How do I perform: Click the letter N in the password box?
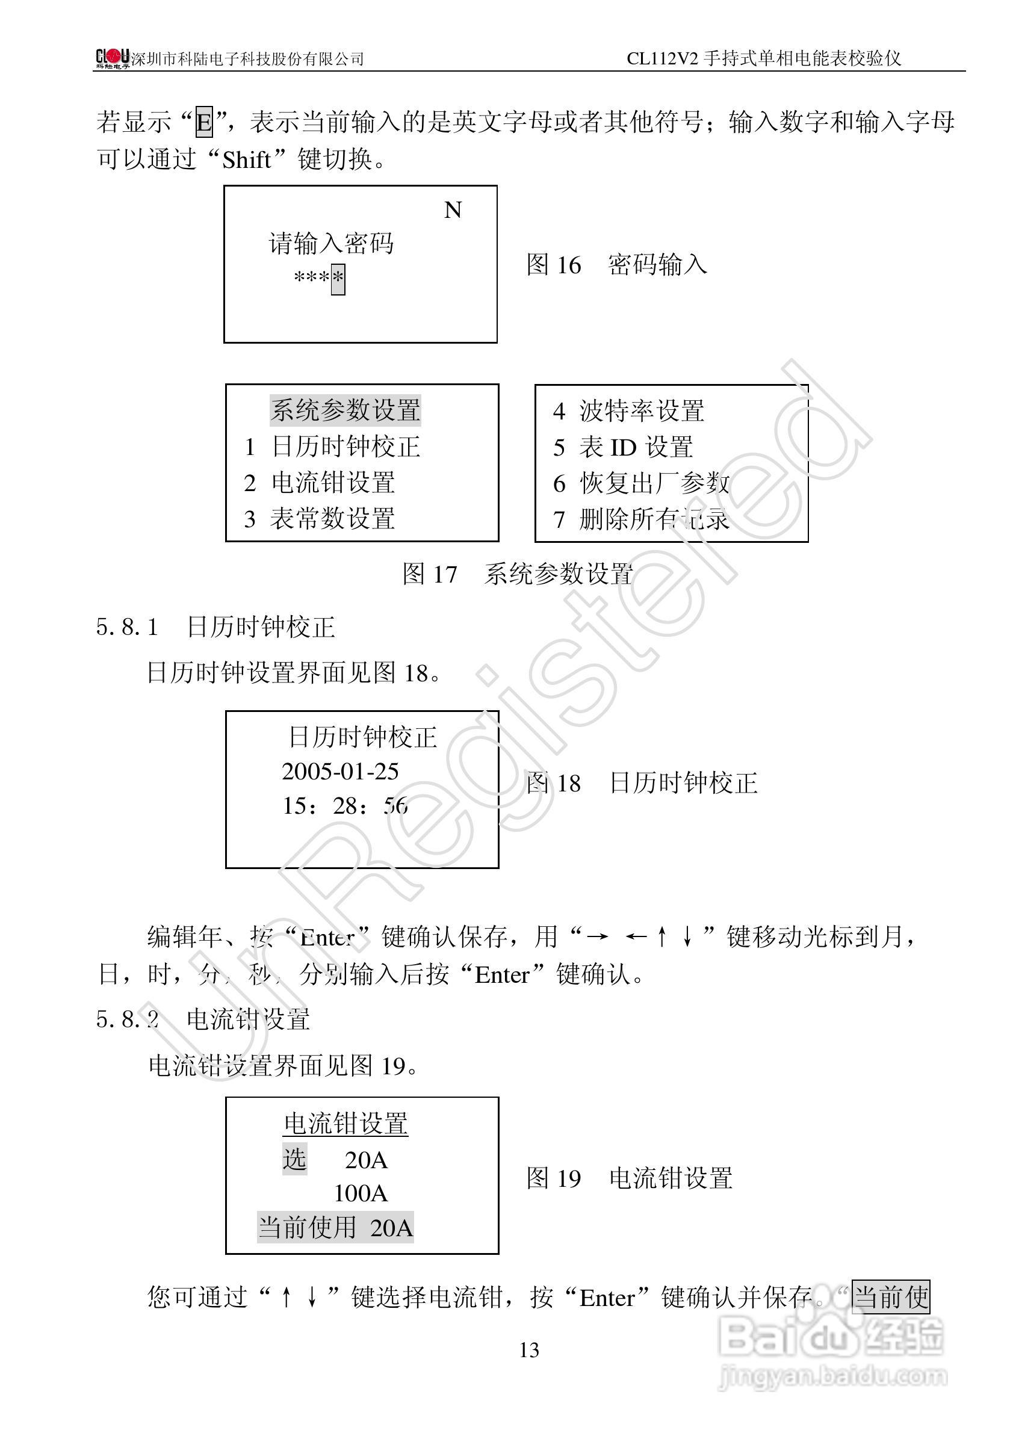[453, 210]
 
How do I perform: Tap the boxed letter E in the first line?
[204, 122]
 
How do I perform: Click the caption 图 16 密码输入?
[616, 265]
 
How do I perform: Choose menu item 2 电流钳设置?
[320, 483]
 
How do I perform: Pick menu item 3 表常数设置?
[320, 519]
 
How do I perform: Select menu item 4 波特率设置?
[628, 410]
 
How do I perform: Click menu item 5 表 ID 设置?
[623, 447]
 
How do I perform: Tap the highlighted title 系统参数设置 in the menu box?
[345, 410]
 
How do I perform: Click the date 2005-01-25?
[340, 772]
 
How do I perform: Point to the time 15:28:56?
[344, 806]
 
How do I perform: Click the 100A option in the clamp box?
[361, 1193]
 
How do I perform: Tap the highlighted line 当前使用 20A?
[335, 1228]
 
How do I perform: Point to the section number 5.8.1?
[128, 627]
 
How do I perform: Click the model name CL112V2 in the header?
[662, 58]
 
